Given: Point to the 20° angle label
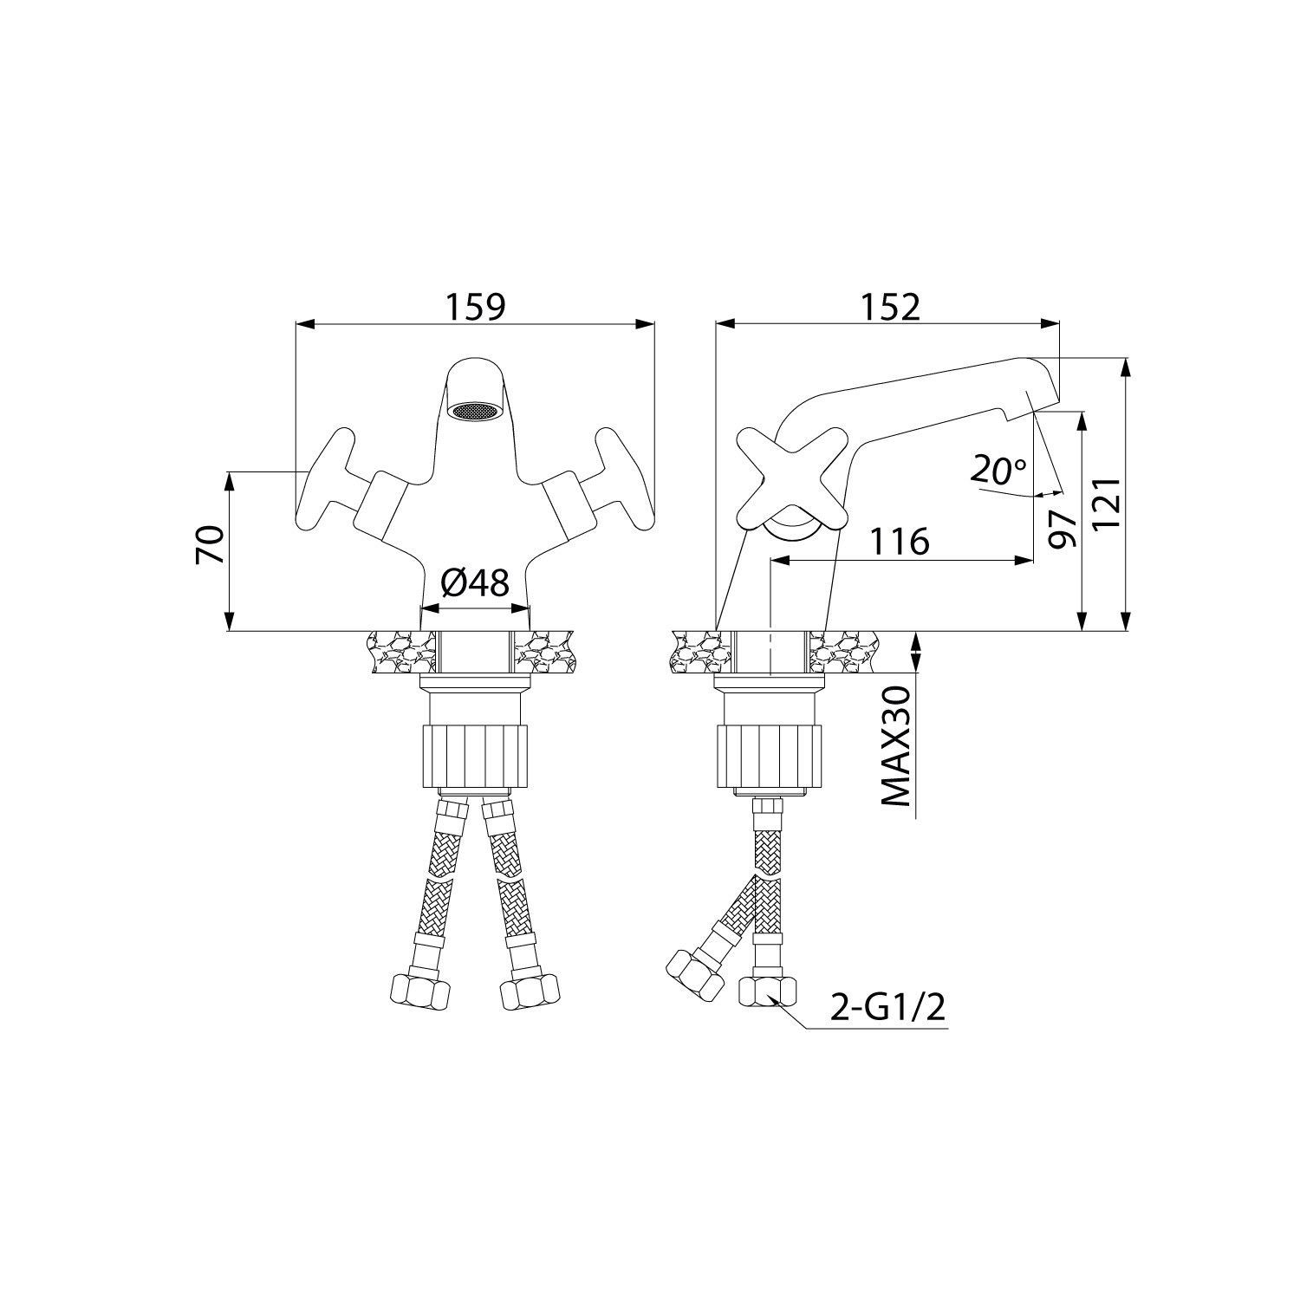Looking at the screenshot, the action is point(998,471).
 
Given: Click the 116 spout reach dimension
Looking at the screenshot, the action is point(900,542).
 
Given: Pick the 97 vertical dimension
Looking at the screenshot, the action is point(1062,528).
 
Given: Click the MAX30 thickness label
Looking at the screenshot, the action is point(896,746).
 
